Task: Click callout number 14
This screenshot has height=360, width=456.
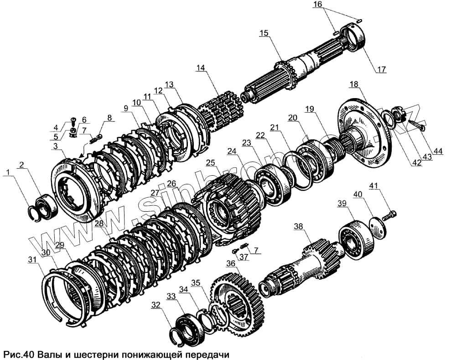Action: [x=202, y=68]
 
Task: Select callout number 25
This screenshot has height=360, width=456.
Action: [x=210, y=163]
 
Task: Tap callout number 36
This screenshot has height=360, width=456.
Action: [x=231, y=263]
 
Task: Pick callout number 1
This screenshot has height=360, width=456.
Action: [x=6, y=172]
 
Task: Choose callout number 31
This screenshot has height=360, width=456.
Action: [x=31, y=260]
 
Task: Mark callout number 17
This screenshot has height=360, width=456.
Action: [x=381, y=70]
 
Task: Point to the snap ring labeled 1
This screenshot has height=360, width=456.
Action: [x=35, y=211]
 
